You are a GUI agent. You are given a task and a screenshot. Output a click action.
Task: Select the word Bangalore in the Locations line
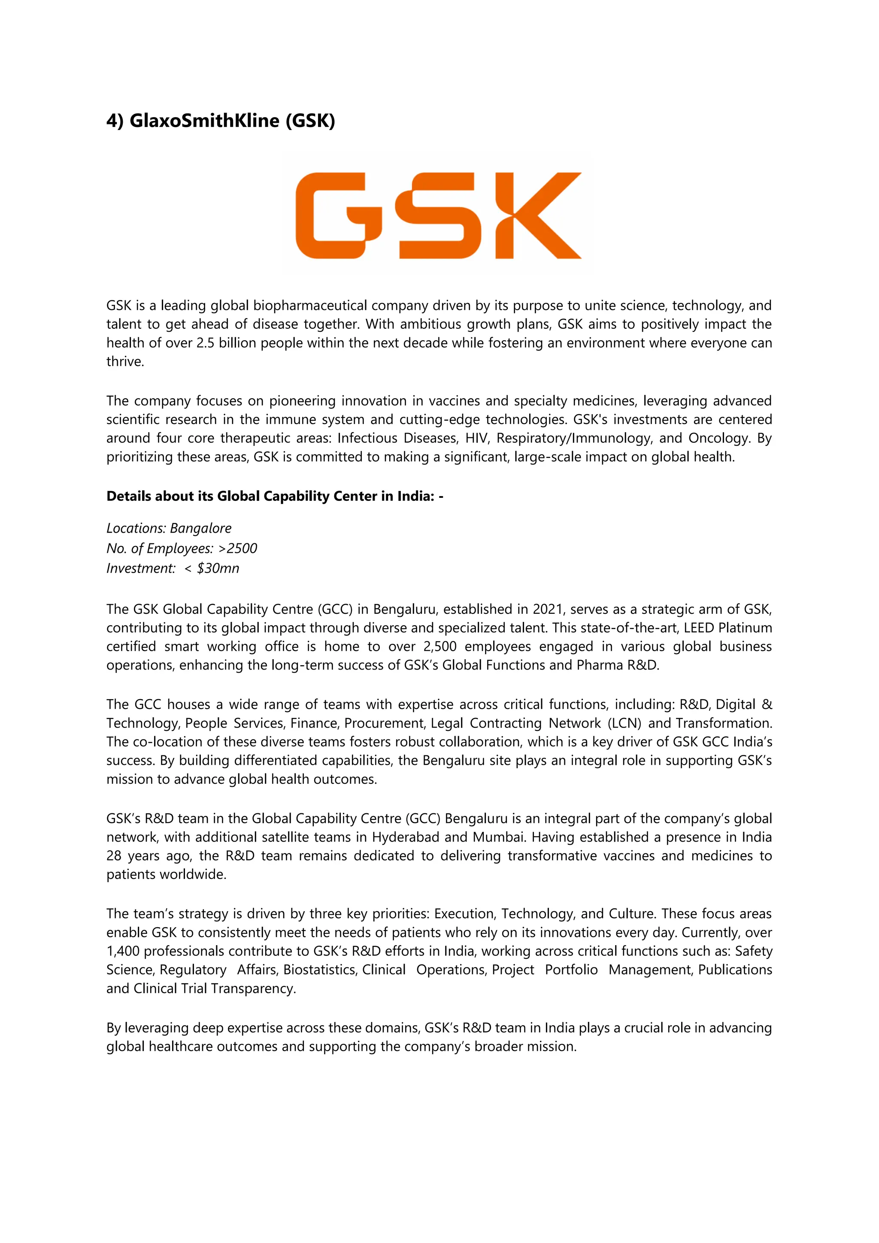coord(201,528)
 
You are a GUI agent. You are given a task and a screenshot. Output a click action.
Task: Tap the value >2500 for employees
coord(238,549)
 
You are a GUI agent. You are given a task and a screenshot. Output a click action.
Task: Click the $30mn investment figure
coord(218,568)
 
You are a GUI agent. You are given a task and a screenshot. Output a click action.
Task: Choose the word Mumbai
coord(498,837)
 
